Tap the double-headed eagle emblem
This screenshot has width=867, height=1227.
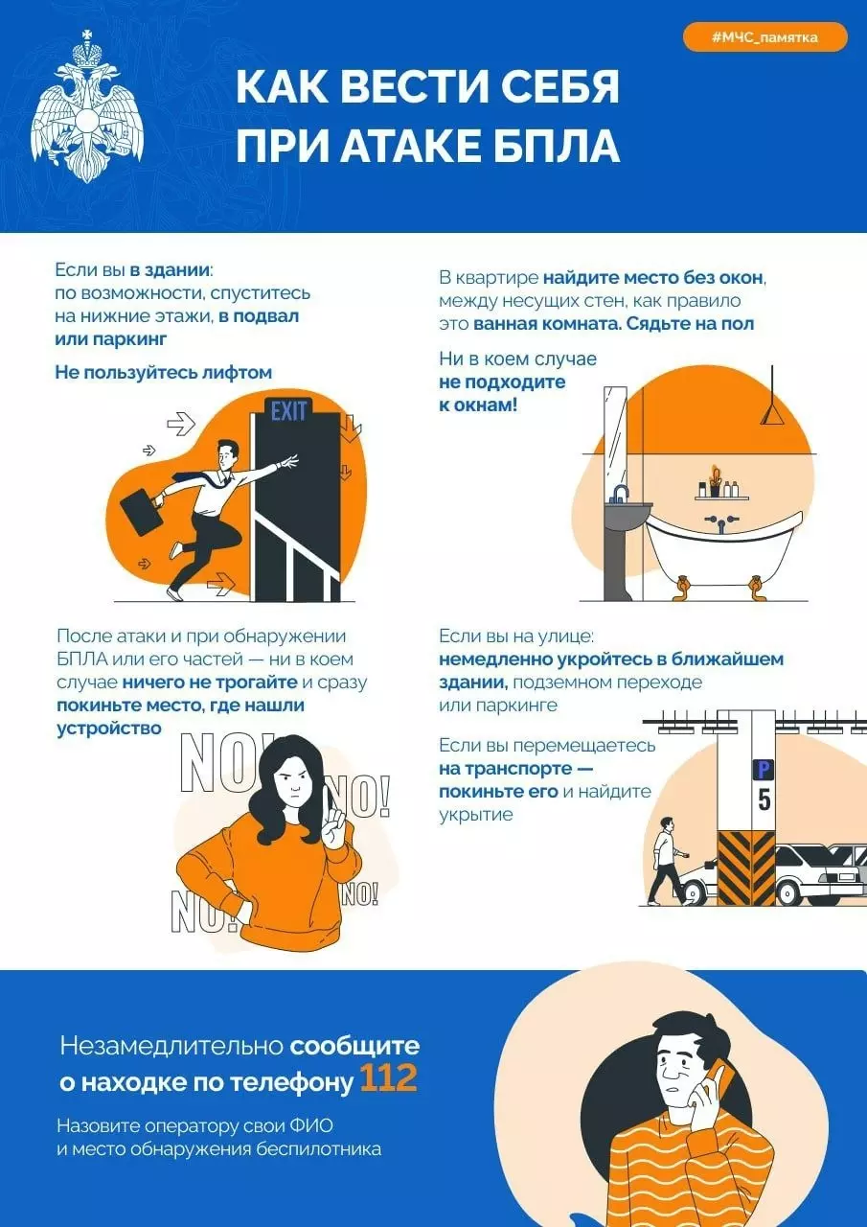pos(87,106)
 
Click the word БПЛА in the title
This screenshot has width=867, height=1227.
pos(550,147)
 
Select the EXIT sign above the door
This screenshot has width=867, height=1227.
pos(288,411)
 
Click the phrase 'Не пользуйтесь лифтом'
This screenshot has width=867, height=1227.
pos(164,372)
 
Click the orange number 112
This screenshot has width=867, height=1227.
pos(388,1079)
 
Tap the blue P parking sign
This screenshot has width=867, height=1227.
pos(764,769)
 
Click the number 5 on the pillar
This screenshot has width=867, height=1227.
pos(764,799)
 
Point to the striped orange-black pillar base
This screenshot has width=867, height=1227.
pos(746,868)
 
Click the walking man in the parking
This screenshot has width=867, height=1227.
pos(666,865)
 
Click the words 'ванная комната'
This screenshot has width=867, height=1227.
pos(546,323)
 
